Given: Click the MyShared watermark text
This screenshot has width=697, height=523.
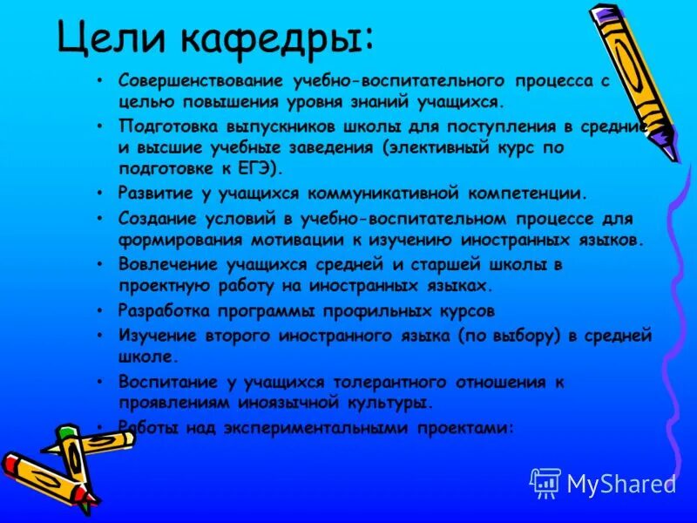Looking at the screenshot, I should click(x=620, y=484).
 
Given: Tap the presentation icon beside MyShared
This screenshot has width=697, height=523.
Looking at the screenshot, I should click(x=545, y=483).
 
